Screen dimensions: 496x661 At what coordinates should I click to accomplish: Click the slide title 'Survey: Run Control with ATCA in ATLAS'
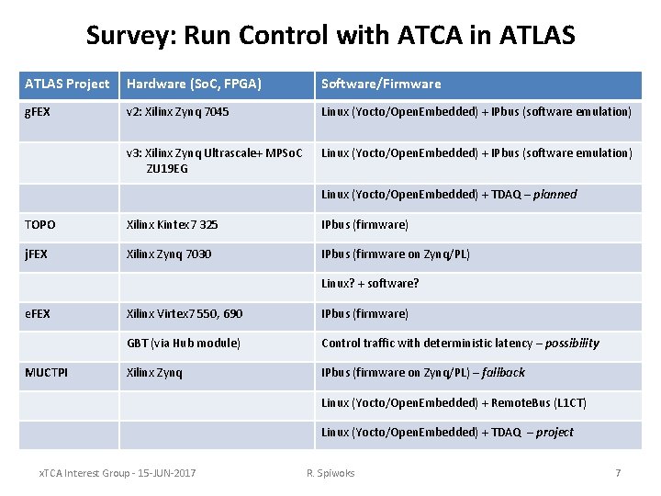point(330,35)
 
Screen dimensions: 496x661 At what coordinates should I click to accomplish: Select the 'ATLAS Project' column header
point(67,84)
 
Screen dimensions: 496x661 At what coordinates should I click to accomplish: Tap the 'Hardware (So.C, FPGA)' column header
point(194,84)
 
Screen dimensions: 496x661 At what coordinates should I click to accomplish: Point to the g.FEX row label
point(39,112)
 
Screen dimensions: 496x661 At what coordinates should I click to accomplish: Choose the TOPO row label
point(40,224)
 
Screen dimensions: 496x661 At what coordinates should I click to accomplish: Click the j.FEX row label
point(38,254)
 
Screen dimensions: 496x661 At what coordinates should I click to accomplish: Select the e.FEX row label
point(38,313)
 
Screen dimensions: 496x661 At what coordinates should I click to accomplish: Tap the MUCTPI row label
point(46,372)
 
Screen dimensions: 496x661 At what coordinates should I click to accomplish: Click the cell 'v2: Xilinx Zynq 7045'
point(178,112)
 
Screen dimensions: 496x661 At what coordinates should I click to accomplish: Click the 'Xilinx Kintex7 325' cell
point(173,224)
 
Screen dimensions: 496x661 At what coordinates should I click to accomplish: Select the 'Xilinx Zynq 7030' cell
point(169,254)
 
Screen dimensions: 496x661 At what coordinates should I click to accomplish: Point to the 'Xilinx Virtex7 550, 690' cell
point(185,313)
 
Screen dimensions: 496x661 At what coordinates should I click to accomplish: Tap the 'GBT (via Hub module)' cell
point(184,343)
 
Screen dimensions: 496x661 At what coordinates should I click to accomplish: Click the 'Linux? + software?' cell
point(370,283)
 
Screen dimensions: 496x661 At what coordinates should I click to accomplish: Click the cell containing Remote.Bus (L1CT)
point(454,402)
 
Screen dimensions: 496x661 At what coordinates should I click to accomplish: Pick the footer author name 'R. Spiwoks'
point(330,472)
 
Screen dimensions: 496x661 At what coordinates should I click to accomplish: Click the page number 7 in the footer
point(618,472)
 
